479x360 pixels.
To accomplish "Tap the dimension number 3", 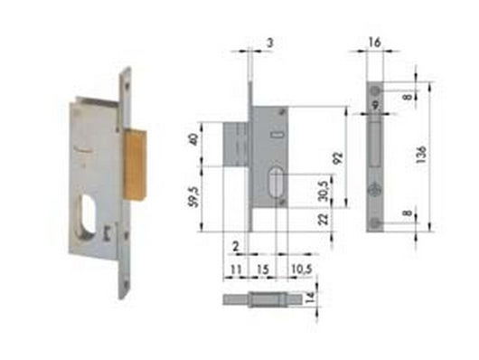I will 269,42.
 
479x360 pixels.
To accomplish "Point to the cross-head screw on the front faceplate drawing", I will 373,191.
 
